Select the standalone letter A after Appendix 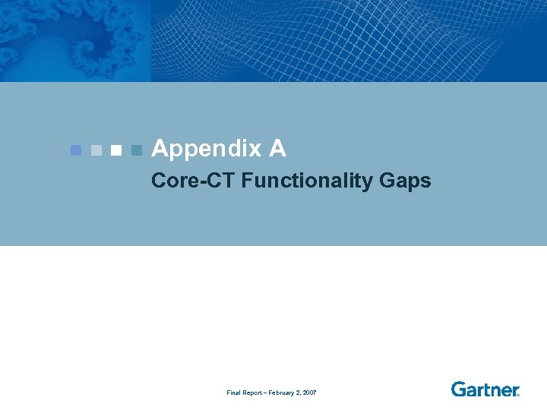click(277, 150)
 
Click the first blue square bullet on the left click(74, 150)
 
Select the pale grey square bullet click(95, 150)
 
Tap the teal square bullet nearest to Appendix click(136, 150)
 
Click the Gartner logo click(485, 389)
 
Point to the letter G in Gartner click(458, 389)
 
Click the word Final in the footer click(234, 393)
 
